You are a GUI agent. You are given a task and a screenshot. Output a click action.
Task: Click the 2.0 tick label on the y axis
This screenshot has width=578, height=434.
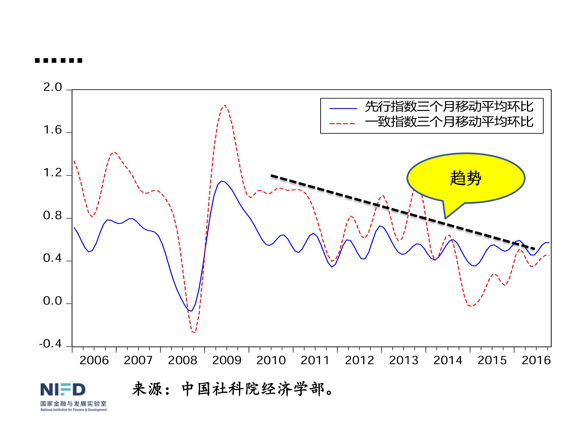(x=53, y=87)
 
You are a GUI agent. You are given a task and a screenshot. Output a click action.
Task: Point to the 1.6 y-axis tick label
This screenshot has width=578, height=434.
(x=53, y=130)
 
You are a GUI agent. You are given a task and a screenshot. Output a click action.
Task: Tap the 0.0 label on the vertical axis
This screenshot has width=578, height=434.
(x=53, y=301)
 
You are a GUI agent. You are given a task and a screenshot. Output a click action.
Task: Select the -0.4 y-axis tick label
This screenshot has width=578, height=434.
(x=50, y=344)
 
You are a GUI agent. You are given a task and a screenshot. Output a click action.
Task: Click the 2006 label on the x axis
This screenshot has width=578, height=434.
(x=94, y=361)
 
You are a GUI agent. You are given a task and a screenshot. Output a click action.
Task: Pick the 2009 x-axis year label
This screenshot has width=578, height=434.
(x=227, y=361)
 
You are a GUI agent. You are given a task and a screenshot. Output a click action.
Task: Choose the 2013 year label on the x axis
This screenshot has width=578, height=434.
(x=404, y=361)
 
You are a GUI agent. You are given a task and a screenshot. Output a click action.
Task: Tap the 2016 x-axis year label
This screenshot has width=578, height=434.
(x=536, y=361)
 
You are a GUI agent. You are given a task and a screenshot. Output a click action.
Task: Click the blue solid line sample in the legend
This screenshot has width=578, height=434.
(x=343, y=108)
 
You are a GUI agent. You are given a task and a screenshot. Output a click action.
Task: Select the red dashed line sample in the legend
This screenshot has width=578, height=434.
(x=342, y=123)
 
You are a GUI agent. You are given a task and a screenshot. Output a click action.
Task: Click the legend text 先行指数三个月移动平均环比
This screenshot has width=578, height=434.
(x=449, y=107)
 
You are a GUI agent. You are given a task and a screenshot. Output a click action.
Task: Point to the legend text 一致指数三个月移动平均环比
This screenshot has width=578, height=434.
(x=449, y=122)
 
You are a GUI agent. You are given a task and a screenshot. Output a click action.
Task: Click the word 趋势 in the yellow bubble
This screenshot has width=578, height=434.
(x=465, y=178)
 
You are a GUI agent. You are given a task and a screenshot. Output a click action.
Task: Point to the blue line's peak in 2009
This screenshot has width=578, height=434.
(x=222, y=181)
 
